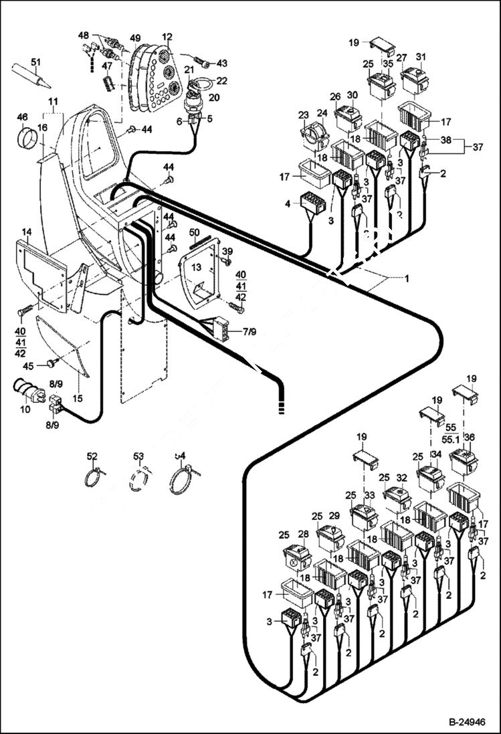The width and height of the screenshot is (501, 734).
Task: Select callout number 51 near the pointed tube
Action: click(36, 62)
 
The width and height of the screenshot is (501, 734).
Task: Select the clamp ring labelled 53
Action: click(138, 480)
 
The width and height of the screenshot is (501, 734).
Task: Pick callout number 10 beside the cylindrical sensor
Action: click(25, 408)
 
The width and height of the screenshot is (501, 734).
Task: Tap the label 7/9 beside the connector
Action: click(249, 331)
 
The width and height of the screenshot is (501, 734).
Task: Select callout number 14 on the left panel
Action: click(26, 232)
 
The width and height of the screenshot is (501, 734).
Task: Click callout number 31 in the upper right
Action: click(421, 56)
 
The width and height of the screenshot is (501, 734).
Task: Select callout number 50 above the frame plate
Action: click(195, 232)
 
